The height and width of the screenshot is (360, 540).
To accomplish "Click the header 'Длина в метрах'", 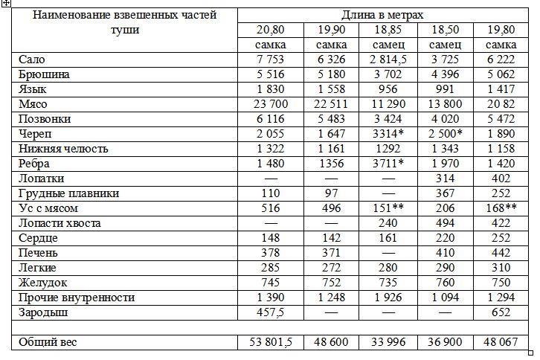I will click(382, 15).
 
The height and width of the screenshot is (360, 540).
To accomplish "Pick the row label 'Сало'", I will click(30, 60).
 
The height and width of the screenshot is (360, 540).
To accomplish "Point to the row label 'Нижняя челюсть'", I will click(63, 149).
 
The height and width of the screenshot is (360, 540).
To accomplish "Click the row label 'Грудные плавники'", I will click(68, 193).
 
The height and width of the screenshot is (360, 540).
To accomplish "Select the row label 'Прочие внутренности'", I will click(77, 298).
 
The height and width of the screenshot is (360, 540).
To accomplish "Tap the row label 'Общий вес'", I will click(48, 343).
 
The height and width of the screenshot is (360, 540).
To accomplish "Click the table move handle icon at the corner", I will click(5, 4).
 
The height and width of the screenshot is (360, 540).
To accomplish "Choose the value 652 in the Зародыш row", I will click(503, 312).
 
